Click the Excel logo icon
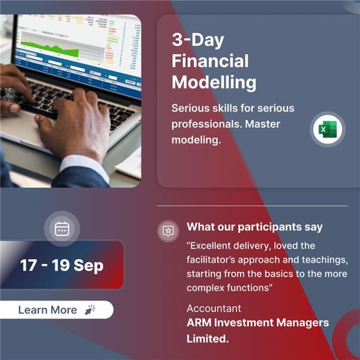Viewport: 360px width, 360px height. (328, 129)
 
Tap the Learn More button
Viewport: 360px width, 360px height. (56, 310)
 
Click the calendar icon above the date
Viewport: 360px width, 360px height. (62, 229)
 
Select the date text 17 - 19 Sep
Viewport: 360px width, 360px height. (62, 265)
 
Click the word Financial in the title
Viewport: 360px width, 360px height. (210, 61)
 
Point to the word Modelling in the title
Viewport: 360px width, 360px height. (214, 82)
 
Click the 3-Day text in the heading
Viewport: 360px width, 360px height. (197, 40)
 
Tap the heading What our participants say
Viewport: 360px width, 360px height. (254, 227)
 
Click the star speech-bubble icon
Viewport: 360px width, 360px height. (168, 231)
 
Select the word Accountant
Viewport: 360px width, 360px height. (214, 308)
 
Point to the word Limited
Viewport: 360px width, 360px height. (208, 338)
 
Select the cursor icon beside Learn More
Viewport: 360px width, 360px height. (91, 310)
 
